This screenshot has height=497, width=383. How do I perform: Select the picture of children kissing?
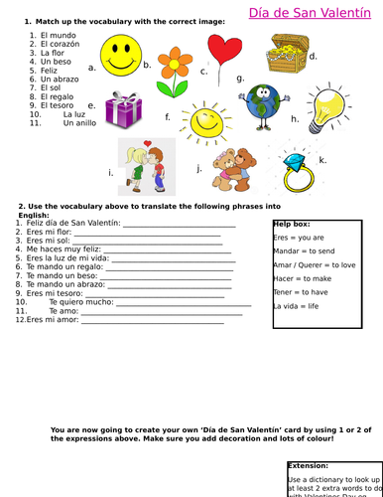click(148, 163)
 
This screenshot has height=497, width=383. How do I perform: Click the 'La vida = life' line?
click(296, 306)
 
